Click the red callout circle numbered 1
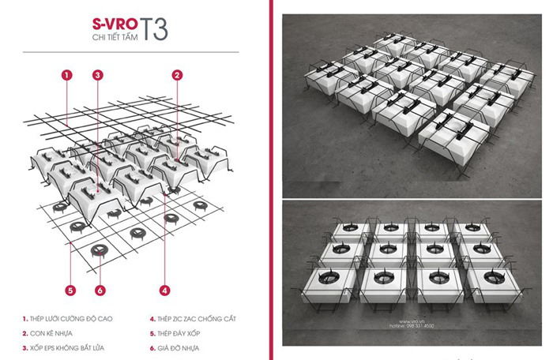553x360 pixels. tap(66, 75)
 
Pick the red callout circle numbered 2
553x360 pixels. tap(178, 75)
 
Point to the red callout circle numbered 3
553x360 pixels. tap(98, 75)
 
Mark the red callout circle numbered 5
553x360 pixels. tap(70, 290)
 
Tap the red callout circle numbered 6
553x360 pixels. tap(100, 290)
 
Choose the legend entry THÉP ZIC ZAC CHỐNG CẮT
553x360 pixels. tap(194, 320)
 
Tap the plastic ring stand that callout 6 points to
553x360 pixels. tap(97, 251)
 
